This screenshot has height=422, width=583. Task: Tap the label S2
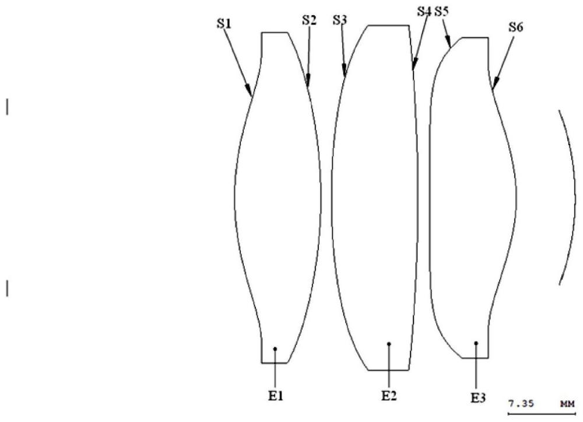coord(309,19)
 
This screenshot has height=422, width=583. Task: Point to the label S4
coord(425,11)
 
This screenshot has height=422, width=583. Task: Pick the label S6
coord(515,26)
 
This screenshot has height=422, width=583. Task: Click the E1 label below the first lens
coord(275,396)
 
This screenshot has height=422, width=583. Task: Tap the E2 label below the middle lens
coord(389,396)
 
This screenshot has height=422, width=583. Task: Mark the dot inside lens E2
coord(389,344)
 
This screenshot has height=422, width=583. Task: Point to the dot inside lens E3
coord(477,343)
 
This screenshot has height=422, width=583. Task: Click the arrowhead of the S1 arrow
coord(251,93)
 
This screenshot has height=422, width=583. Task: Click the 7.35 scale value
coord(519,403)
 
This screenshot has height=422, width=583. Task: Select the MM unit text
coord(566,403)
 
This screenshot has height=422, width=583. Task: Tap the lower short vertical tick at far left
coord(7,289)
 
